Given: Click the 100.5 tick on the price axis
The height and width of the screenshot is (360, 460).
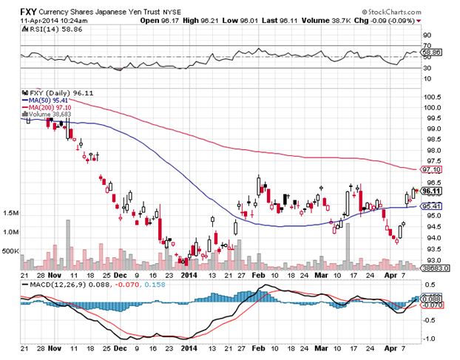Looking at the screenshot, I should click(x=431, y=97).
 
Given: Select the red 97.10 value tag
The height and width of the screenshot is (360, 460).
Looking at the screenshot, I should click(x=432, y=169).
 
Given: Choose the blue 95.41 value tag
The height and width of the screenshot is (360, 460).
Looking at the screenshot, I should click(x=432, y=205).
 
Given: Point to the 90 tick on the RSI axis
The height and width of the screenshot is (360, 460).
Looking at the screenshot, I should click(x=426, y=34).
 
